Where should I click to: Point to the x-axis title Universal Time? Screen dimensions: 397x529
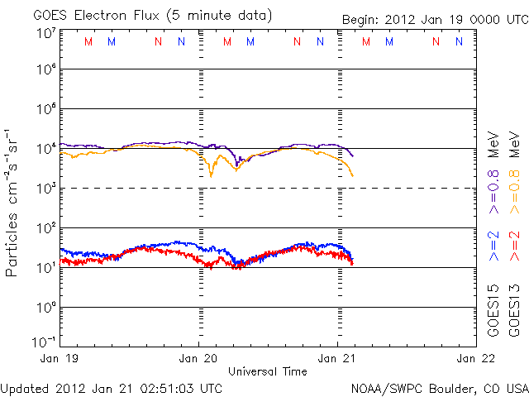[x=268, y=371]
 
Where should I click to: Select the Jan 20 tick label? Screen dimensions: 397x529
[x=199, y=358]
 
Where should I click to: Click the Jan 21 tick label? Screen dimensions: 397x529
[x=338, y=358]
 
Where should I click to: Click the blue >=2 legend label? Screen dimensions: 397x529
[x=493, y=246]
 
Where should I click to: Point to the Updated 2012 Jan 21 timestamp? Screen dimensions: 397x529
[x=112, y=387]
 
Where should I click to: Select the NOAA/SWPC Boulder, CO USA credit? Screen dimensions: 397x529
[x=438, y=387]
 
